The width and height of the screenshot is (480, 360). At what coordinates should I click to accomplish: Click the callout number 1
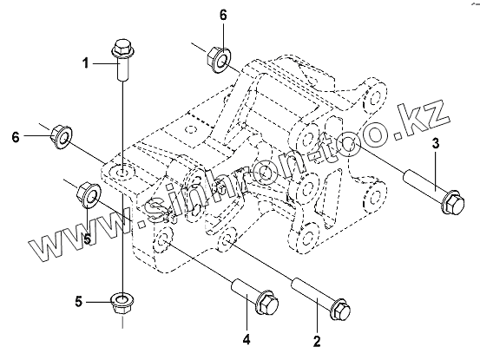86,63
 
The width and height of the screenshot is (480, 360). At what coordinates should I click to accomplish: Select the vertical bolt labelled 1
122,60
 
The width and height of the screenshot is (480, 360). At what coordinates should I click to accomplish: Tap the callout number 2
317,341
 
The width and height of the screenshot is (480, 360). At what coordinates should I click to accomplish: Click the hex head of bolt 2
341,310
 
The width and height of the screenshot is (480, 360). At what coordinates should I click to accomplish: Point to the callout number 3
436,143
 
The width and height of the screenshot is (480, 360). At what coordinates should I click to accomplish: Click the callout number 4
247,339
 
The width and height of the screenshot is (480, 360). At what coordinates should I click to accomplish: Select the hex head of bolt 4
268,301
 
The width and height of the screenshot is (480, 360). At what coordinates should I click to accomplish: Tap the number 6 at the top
223,15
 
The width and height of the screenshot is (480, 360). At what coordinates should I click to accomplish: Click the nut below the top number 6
219,58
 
